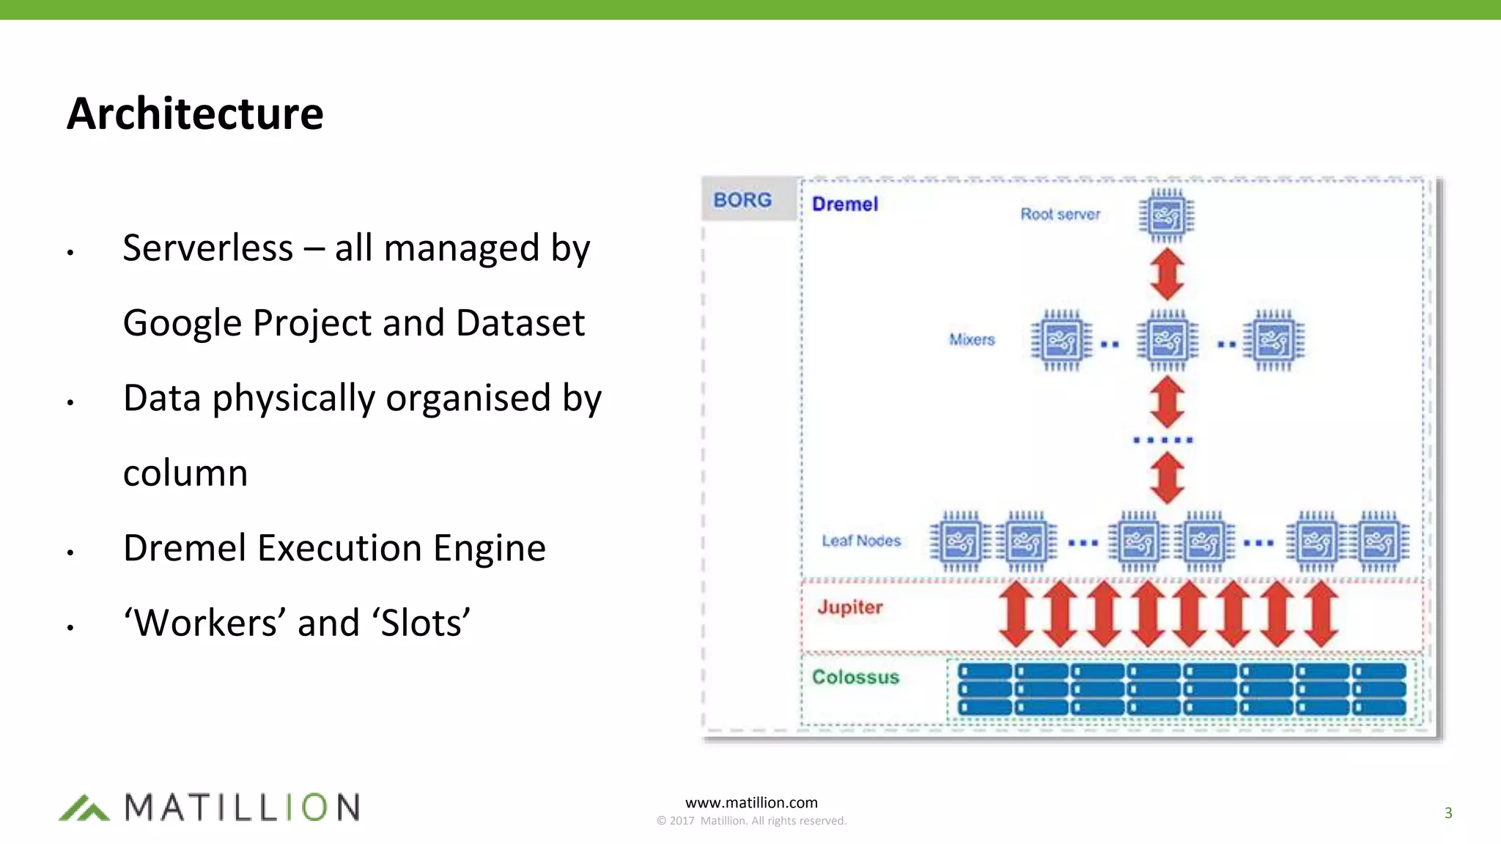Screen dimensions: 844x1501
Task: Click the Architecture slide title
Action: point(195,114)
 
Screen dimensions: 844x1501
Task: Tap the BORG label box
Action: point(743,199)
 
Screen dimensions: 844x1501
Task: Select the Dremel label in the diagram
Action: point(844,204)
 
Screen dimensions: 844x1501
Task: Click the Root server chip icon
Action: point(1166,216)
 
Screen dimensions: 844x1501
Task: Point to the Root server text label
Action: point(1060,215)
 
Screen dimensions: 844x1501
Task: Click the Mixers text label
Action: point(972,340)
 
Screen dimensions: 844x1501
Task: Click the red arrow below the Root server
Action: point(1167,274)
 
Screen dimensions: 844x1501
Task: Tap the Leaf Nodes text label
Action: point(861,541)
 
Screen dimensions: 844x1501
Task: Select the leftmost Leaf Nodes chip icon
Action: point(960,542)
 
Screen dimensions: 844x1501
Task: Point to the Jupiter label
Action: point(849,607)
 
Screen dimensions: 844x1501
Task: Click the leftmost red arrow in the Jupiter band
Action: point(1017,614)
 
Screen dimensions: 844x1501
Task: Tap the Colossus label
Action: point(855,677)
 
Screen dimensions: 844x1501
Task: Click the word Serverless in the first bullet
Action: point(207,248)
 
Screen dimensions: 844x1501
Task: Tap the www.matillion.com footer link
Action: point(751,803)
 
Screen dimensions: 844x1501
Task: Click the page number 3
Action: point(1448,812)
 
